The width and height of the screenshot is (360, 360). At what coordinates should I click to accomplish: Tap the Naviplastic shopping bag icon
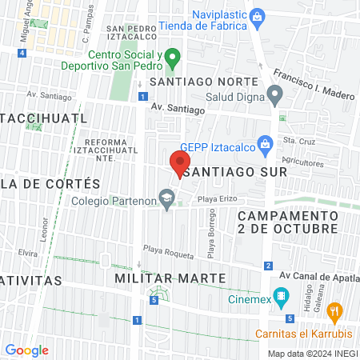tap(257, 15)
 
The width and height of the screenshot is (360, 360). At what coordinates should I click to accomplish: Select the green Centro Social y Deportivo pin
tap(178, 58)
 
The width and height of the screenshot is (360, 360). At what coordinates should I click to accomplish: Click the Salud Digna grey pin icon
tap(275, 98)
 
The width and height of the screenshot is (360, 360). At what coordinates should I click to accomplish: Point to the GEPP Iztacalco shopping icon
tap(267, 146)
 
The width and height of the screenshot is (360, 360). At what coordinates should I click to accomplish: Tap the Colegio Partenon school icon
tap(166, 198)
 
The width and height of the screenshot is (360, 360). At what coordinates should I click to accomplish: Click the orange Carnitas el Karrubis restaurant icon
tap(335, 310)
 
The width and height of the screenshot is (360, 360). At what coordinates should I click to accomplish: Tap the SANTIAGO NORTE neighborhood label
tap(204, 82)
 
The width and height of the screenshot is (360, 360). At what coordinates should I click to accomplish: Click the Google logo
tap(26, 350)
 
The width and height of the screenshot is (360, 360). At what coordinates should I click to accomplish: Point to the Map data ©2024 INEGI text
tap(310, 354)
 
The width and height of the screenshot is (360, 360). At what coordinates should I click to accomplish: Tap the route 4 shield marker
tap(22, 53)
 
